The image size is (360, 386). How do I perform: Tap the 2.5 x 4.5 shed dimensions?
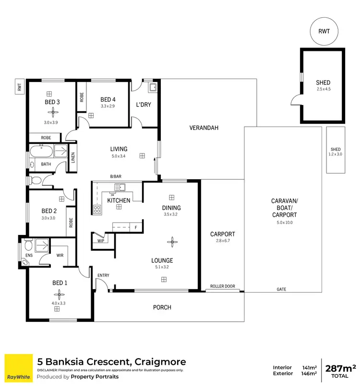(323, 89)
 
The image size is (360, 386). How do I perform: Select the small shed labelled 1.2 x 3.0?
(335, 150)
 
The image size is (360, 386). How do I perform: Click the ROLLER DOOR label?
(223, 286)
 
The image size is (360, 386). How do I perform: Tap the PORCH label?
(162, 307)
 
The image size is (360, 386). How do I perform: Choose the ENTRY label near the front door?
(103, 275)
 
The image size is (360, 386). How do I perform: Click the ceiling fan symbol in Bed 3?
(52, 112)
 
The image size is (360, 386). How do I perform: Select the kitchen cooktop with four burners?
(97, 210)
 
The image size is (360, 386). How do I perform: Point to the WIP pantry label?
(101, 241)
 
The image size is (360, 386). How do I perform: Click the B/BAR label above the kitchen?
(116, 177)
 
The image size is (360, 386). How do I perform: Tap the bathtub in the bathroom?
(41, 152)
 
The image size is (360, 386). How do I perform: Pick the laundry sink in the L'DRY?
(154, 88)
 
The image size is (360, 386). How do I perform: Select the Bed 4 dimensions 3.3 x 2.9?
(108, 106)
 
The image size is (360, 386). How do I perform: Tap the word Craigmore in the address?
(159, 362)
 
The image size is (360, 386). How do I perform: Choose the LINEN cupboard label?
(73, 158)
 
